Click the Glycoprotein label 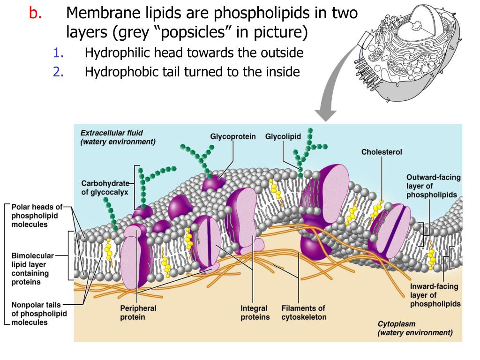(232, 137)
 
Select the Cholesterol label (382, 152)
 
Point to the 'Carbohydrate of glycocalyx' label (105, 187)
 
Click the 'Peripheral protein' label (138, 313)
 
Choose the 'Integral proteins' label (255, 313)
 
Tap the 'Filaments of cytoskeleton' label (304, 313)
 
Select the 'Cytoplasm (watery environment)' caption (415, 328)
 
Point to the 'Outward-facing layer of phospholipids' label (433, 186)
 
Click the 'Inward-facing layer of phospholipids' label (435, 295)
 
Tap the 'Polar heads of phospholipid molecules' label (37, 216)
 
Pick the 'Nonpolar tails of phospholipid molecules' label (39, 314)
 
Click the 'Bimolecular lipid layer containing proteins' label (33, 269)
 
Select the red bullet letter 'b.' (35, 14)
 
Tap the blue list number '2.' (59, 72)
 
